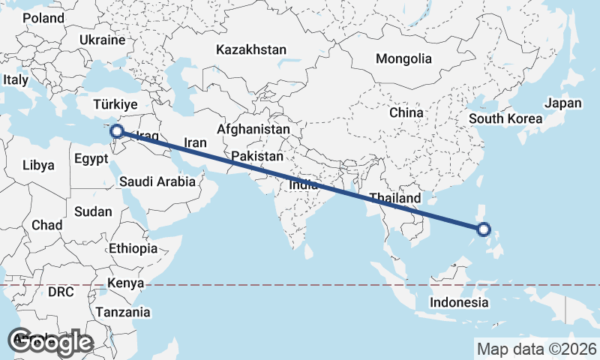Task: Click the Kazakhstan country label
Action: (251, 50)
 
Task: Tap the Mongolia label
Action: (404, 58)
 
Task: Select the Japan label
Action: (563, 103)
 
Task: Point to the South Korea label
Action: (505, 118)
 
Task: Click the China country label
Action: (406, 112)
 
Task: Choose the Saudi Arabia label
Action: (157, 181)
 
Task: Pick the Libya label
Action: (38, 165)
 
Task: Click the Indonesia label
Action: (459, 302)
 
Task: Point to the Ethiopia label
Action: (133, 248)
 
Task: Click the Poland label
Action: (43, 18)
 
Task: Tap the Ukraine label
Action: (101, 39)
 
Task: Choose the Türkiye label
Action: (115, 104)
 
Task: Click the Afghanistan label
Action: (253, 129)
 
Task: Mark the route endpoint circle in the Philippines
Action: (484, 229)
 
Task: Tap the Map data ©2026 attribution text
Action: (536, 349)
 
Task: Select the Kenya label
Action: (125, 283)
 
